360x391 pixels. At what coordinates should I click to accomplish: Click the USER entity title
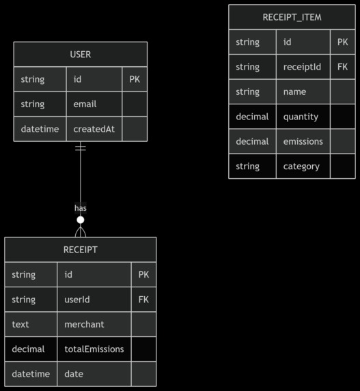coord(80,55)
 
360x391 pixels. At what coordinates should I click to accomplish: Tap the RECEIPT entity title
coord(80,250)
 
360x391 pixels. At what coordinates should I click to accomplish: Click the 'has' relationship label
coord(81,207)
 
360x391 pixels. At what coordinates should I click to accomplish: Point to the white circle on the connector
coord(81,220)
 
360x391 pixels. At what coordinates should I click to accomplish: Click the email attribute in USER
coord(85,104)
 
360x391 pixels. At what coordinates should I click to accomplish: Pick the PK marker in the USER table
coord(135,80)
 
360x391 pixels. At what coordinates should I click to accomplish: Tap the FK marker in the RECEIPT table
coord(143,300)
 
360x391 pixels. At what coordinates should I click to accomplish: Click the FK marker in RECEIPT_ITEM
coord(342,67)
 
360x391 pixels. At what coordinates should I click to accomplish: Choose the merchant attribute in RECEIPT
coord(84,324)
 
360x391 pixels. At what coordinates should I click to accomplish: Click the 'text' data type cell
coord(20,324)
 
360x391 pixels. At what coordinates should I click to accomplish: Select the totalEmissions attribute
coord(94,349)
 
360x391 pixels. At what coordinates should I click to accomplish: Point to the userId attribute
coord(77,300)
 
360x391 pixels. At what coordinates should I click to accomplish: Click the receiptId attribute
coord(302,67)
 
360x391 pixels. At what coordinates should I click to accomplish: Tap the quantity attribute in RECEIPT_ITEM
coord(301,117)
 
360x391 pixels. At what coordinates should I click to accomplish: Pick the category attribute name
coord(301,166)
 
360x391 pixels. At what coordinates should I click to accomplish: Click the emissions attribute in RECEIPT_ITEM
coord(303,141)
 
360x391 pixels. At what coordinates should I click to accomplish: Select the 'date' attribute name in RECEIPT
coord(74,374)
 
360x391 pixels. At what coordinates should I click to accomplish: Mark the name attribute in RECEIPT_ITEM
coord(294,92)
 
